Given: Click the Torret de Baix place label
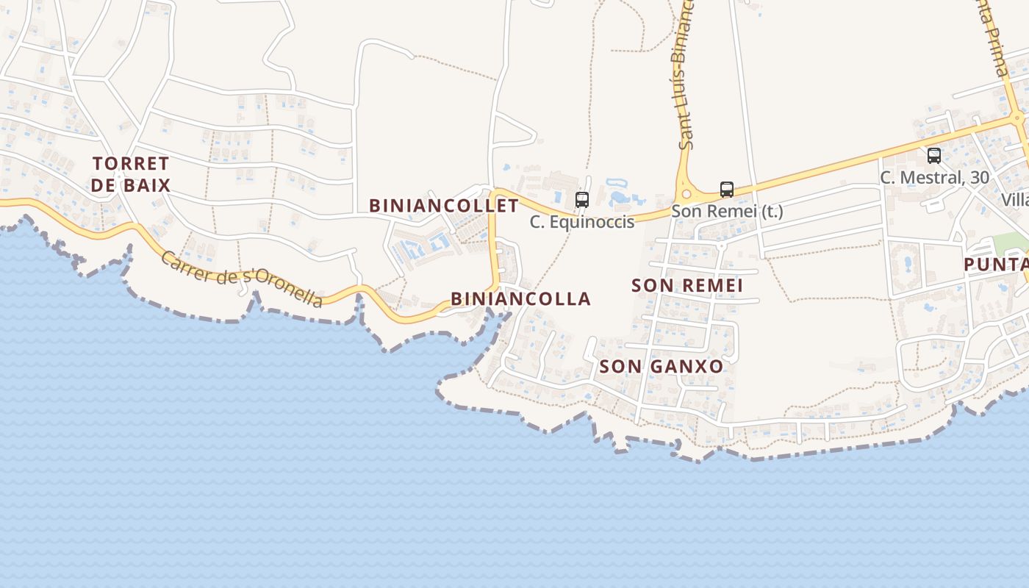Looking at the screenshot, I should [x=131, y=173].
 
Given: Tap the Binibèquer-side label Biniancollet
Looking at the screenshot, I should [x=444, y=205].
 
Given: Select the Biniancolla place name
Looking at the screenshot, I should [x=520, y=298].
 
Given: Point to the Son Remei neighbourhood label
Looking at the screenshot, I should [x=687, y=285].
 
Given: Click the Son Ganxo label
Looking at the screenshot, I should [x=661, y=366].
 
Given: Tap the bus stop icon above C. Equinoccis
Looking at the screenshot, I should [x=582, y=199].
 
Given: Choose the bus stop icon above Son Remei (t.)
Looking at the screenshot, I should [x=727, y=189].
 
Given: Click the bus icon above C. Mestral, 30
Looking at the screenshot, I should [x=934, y=156].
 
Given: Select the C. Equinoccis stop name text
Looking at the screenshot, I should [x=582, y=221].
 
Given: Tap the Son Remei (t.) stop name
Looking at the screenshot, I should [x=727, y=211].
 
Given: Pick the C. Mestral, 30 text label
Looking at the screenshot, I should [x=934, y=177].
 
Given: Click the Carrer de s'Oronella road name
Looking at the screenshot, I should [x=242, y=279].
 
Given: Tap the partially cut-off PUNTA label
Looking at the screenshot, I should [x=996, y=264].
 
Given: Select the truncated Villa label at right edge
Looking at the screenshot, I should [x=1015, y=199].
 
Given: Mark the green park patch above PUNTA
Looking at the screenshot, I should [x=1011, y=242].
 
